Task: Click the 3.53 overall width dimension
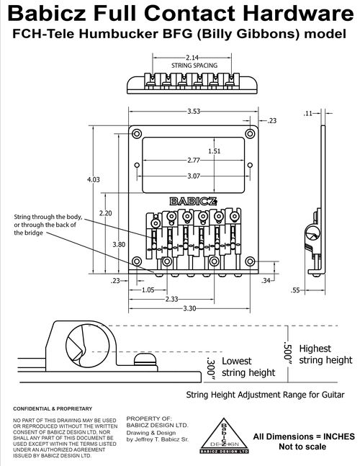[194, 112]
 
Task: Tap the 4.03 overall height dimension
[94, 179]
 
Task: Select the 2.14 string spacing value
[192, 58]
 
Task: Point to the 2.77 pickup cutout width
[194, 160]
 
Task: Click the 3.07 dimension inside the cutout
[194, 176]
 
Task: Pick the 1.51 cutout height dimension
[214, 151]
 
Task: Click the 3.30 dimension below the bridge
[189, 308]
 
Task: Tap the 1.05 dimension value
[148, 290]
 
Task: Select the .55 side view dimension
[295, 290]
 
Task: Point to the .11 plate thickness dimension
[308, 113]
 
